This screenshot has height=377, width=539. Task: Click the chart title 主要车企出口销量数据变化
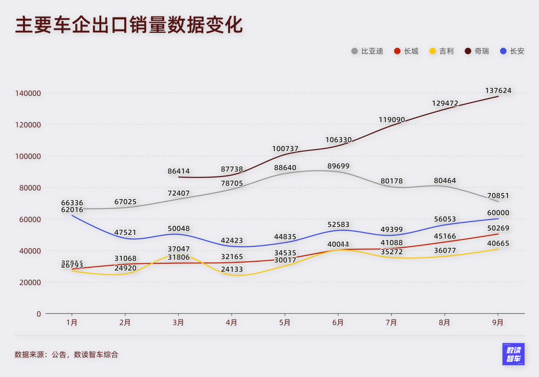129,25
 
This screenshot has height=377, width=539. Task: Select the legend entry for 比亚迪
367,51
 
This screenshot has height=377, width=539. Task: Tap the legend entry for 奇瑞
477,51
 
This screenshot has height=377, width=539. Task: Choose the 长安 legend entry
513,51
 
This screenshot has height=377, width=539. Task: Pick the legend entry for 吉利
442,51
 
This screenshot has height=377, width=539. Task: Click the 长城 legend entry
406,51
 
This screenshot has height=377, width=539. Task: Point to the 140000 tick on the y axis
28,93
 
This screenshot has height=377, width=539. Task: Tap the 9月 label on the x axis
498,323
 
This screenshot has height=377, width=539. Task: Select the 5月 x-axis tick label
284,323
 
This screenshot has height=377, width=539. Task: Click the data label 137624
498,91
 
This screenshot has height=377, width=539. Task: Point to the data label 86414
179,172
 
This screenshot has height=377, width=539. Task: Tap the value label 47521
125,232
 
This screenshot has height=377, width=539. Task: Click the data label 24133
232,269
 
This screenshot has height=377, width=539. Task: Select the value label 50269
498,228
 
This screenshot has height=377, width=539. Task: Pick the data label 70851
498,195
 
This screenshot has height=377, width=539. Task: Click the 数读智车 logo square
513,354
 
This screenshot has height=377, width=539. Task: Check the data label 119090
392,120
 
